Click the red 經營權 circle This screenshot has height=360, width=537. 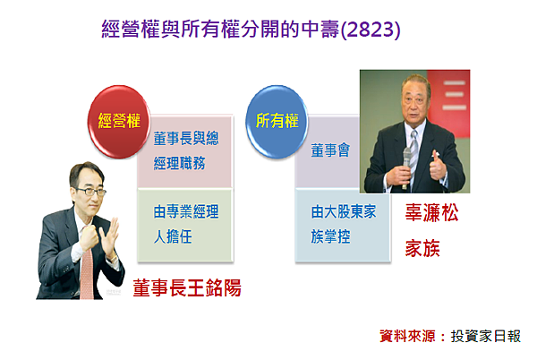click(x=118, y=121)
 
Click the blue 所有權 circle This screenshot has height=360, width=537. click(x=277, y=121)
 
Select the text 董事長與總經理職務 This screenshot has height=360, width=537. click(x=186, y=150)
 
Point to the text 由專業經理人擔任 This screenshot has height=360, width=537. click(x=186, y=224)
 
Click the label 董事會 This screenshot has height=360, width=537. click(x=330, y=150)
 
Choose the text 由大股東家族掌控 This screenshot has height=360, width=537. click(x=344, y=224)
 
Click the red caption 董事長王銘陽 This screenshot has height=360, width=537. click(x=187, y=287)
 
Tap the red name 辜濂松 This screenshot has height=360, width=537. click(x=431, y=212)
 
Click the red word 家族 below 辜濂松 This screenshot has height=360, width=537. click(x=422, y=248)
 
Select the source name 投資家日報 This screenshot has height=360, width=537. click(x=486, y=336)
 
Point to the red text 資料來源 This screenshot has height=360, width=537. click(x=407, y=336)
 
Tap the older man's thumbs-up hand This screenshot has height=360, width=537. click(x=439, y=166)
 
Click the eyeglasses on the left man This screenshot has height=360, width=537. click(x=89, y=191)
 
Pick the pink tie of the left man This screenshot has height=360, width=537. click(x=87, y=273)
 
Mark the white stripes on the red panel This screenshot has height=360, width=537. click(x=454, y=95)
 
